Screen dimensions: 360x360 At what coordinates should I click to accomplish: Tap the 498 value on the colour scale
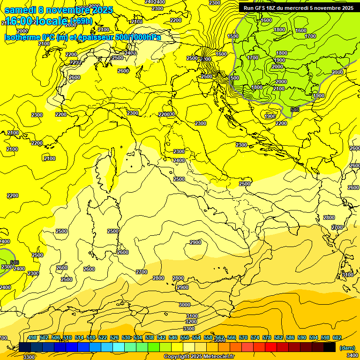(x=32, y=337)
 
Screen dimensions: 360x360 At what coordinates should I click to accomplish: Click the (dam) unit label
(x=346, y=348)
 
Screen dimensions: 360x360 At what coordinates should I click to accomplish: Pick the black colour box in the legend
(x=330, y=347)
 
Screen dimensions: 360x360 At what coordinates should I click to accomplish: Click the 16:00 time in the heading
(x=18, y=21)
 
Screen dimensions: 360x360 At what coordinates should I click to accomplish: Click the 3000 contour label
(x=185, y=305)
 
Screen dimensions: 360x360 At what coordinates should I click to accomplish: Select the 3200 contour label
(x=191, y=322)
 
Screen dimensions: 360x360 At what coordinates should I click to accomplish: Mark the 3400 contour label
(x=351, y=357)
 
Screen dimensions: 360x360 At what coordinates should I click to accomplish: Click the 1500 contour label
(x=233, y=36)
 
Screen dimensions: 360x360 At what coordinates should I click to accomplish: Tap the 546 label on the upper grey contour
(x=295, y=109)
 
